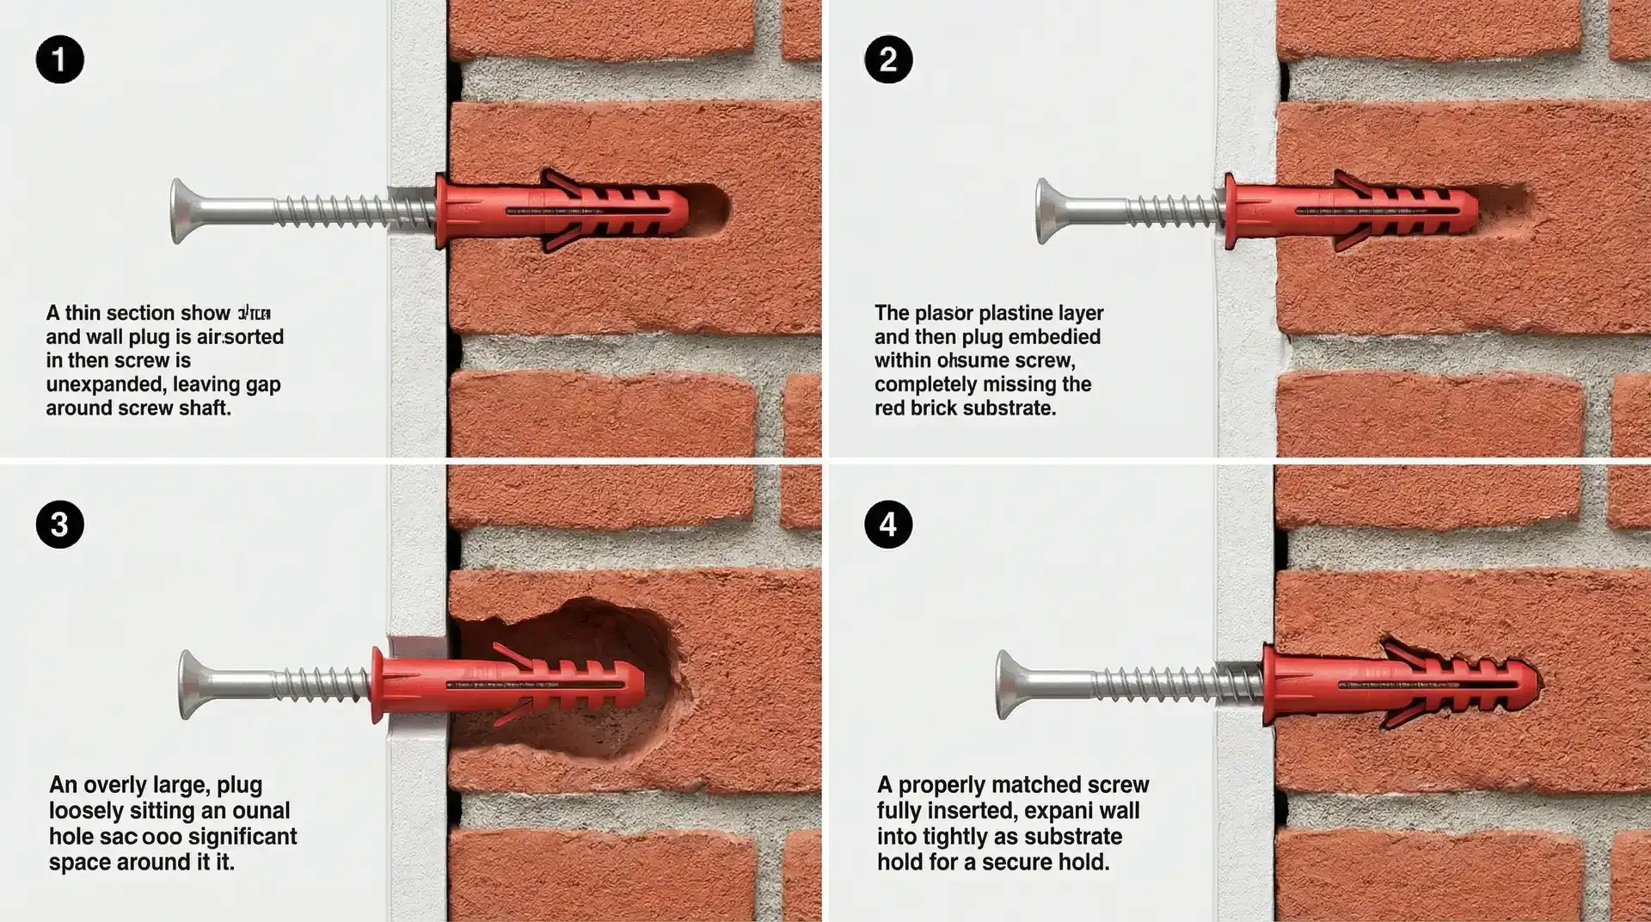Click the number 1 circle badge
tap(59, 59)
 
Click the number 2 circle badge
tap(888, 59)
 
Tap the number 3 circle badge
tap(59, 524)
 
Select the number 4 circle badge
tap(888, 524)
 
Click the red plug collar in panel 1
tap(442, 212)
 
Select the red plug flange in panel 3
tap(377, 685)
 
